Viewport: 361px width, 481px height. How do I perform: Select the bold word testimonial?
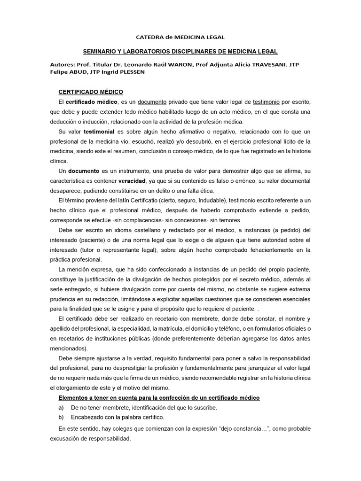[99, 132]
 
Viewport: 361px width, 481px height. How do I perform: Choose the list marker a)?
[62, 408]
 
